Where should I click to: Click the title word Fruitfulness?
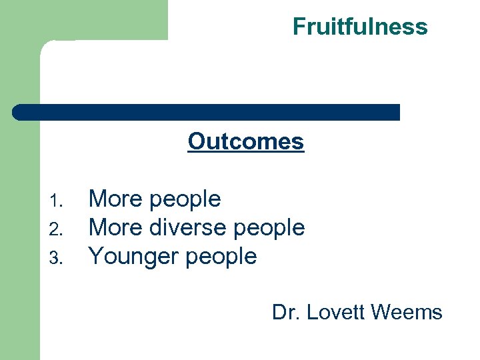point(360,27)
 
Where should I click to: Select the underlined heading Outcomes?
point(245,141)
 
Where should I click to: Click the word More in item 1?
point(116,199)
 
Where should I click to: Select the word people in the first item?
point(185,200)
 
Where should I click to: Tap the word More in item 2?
point(116,227)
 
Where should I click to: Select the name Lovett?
point(335,312)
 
